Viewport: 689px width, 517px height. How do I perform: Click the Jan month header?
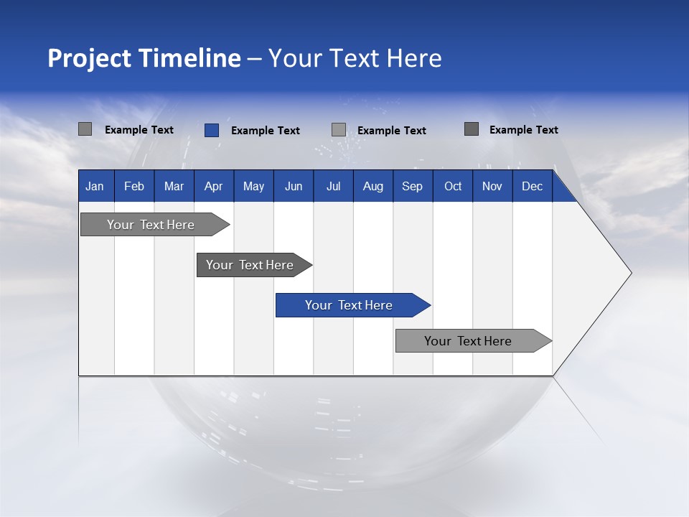point(95,187)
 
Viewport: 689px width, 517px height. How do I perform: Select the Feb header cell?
point(134,187)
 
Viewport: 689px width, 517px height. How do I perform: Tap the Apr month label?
point(214,187)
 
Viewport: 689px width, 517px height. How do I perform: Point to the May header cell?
point(253,187)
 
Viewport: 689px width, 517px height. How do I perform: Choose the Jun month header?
point(294,187)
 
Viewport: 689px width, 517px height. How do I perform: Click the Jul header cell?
point(333,187)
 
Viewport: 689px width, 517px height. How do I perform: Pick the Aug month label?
point(373,187)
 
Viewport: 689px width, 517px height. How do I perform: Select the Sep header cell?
point(413,187)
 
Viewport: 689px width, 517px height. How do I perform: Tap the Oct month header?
point(453,187)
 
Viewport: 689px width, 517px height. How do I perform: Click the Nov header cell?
point(492,187)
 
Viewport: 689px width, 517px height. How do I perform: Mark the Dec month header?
point(533,187)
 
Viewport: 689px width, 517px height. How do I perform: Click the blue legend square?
point(211,130)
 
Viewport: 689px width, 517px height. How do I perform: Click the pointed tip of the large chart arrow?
point(629,273)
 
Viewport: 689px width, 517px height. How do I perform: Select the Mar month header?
point(174,187)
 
